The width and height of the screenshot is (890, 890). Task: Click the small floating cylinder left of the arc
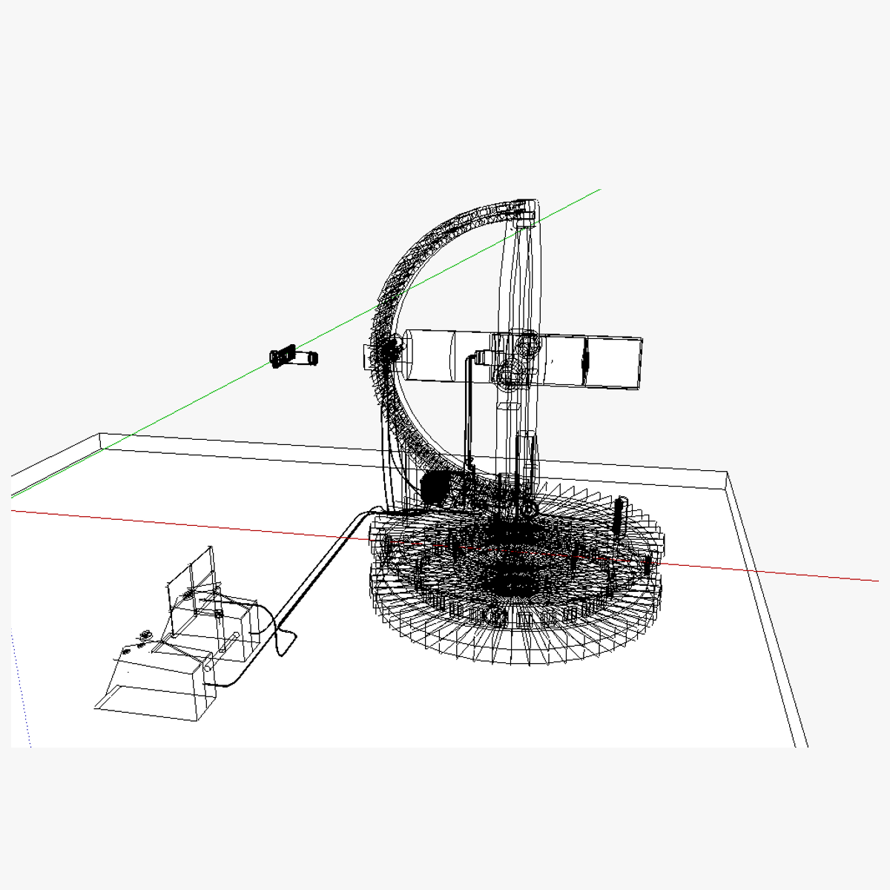(294, 357)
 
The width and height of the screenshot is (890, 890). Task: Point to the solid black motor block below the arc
(435, 487)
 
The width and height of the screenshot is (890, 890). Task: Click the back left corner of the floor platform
(100, 435)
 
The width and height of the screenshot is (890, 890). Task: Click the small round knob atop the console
(146, 634)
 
